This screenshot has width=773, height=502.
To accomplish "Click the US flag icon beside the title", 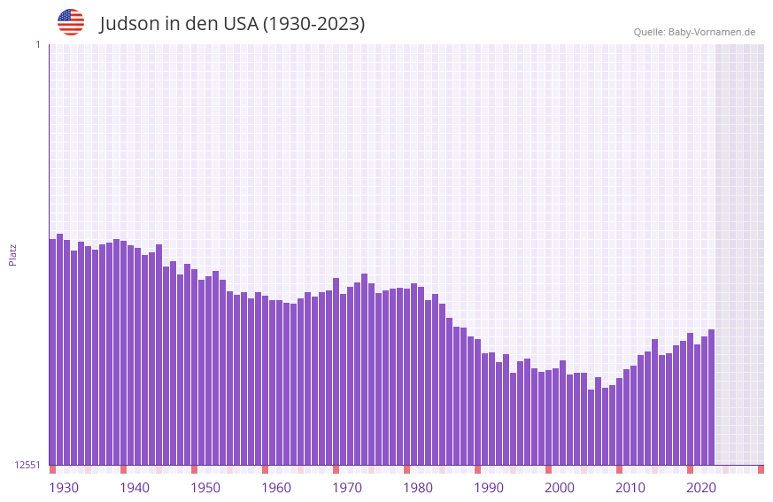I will coord(71,22).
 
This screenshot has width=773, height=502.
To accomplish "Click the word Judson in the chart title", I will coord(129,24).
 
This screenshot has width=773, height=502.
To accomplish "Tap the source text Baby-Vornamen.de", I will coord(711,32).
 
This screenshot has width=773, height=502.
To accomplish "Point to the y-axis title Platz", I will coord(12,254).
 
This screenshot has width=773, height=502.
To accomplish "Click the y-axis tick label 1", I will coord(37,44).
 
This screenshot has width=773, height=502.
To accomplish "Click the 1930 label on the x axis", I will coord(64,488).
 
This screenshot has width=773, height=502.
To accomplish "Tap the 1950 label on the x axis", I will coord(205,488).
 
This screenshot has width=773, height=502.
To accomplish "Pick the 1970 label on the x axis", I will coord(347,488).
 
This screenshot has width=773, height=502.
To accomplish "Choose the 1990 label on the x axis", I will coord(489,488).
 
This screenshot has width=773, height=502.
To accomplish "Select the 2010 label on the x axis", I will coord(630,488).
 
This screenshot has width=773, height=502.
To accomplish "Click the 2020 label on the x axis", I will coord(701,488).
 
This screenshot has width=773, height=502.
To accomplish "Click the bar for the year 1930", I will coord(52,354).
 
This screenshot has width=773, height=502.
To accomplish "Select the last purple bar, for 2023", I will coord(711,398).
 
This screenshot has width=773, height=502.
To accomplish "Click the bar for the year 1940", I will coord(123,354).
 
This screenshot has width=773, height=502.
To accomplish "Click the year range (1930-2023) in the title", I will coord(313,24).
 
